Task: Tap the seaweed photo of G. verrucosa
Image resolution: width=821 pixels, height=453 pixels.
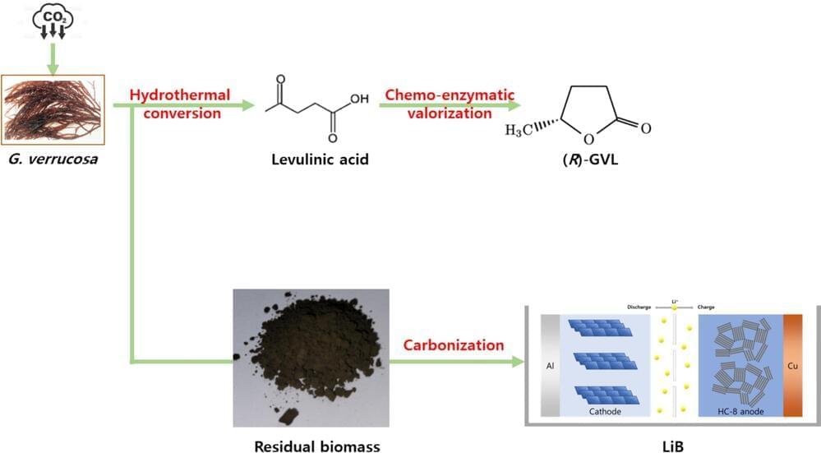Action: (x=52, y=109)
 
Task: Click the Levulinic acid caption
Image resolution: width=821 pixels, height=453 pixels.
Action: (x=320, y=159)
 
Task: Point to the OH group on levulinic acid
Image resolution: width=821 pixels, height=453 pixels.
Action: (x=359, y=99)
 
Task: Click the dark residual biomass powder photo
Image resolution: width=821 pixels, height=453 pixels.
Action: (x=311, y=357)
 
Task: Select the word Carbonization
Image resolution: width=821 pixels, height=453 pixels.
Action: (x=454, y=344)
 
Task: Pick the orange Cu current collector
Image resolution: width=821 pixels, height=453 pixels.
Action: (x=794, y=364)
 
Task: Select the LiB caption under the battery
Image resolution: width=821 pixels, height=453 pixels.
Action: (x=673, y=445)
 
